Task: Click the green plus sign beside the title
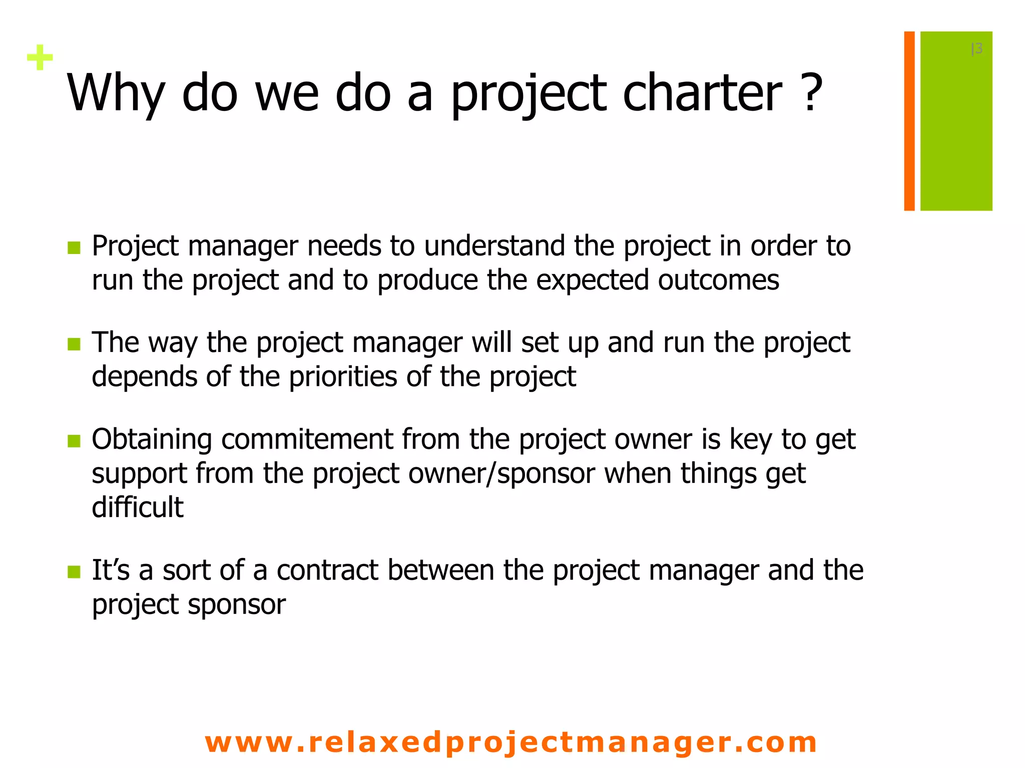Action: click(40, 58)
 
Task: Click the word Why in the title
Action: click(116, 94)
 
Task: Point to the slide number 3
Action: click(977, 49)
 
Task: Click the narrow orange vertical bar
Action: click(909, 121)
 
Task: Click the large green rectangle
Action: click(956, 121)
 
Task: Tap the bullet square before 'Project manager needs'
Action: click(74, 248)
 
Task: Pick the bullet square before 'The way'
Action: click(74, 344)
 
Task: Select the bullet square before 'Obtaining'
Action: click(74, 441)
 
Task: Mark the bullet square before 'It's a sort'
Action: click(74, 572)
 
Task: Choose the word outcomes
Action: click(718, 280)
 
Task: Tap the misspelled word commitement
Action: click(307, 439)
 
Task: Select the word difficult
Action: click(138, 507)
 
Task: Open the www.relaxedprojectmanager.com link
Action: click(511, 742)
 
